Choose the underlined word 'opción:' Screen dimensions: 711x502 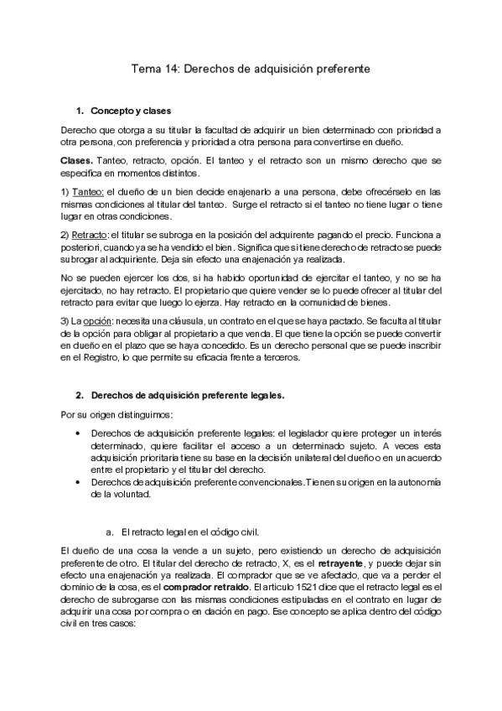pos(97,322)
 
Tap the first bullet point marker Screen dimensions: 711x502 pos(78,434)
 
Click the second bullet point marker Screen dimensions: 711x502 pos(78,482)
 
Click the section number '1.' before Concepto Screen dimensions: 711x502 pos(80,111)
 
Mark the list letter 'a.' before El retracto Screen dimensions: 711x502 pos(109,532)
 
